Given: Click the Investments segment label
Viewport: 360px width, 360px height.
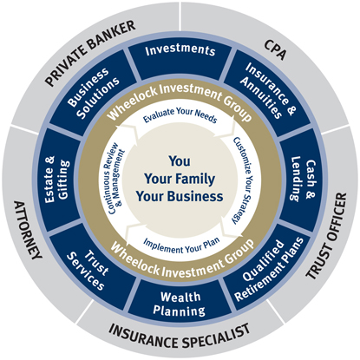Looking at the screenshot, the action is pos(180,50).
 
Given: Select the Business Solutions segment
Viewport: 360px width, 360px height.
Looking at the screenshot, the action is pos(93,93).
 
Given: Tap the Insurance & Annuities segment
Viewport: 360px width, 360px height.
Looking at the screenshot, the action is pos(268,91).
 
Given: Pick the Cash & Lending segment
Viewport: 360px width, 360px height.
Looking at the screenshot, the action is pos(303,179).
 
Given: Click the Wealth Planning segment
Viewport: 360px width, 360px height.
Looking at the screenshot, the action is pos(180,304).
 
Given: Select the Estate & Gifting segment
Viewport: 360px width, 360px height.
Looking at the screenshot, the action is pos(57,180).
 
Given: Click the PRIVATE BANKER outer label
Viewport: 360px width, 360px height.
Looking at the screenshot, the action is pos(90,53).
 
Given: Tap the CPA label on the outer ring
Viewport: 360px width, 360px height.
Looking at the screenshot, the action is pos(275,49).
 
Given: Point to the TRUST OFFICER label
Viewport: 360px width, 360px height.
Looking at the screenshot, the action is pos(326,236).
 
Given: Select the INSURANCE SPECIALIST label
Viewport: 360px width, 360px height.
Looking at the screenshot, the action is pos(180,337).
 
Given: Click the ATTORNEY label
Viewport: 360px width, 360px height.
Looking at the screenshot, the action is pos(28,230).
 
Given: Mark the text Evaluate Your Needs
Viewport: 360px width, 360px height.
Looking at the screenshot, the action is pos(180,115).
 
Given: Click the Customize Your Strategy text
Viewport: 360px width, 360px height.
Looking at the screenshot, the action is pos(242,180).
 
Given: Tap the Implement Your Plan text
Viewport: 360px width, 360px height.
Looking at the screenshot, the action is pos(181,245).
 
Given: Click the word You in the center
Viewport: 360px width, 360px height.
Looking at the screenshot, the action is pos(180,161).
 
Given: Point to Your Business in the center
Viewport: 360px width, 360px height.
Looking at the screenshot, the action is pos(180,196).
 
